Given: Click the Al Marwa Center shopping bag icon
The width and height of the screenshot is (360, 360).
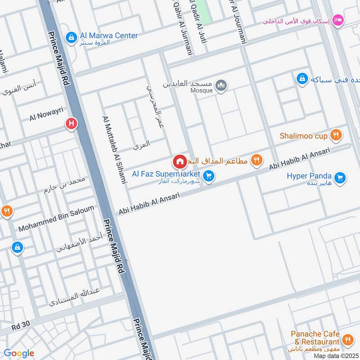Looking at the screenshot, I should click(x=71, y=38).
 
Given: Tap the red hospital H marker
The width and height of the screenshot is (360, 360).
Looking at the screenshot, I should click(x=71, y=123).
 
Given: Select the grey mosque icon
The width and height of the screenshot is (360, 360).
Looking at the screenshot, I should click(x=220, y=85).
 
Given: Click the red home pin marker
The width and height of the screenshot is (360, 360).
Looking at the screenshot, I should click(x=180, y=161).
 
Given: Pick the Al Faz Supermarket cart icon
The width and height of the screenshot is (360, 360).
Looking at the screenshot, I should click(x=208, y=176).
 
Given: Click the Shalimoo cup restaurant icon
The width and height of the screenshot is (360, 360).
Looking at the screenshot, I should click(x=335, y=135).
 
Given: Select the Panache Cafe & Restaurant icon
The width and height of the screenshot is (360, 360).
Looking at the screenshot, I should click(x=347, y=340).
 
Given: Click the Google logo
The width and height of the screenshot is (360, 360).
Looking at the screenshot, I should click(x=19, y=353).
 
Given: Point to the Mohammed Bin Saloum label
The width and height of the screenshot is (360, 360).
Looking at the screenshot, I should click(x=56, y=219).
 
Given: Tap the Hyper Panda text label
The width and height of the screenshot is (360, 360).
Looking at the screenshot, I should click(x=309, y=176).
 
